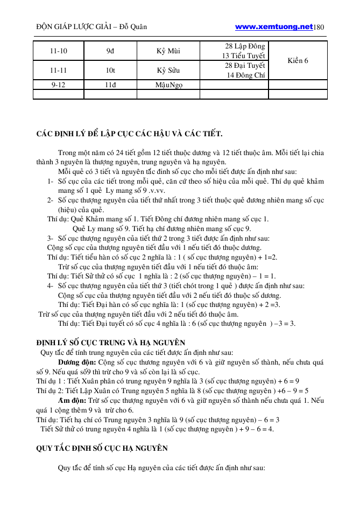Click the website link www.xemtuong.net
[274, 26]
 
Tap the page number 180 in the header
[319, 26]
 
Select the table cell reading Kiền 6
[298, 60]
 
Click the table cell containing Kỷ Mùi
[168, 51]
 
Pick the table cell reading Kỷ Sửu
[168, 70]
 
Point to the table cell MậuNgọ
[168, 85]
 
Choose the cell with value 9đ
[110, 51]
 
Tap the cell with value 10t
[110, 70]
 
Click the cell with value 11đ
[110, 85]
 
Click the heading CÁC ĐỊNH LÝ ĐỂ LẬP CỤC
[130, 133]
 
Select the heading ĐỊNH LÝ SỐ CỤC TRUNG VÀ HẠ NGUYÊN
[110, 342]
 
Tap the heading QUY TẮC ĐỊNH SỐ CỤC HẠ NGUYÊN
[102, 448]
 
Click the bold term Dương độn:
[77, 362]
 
